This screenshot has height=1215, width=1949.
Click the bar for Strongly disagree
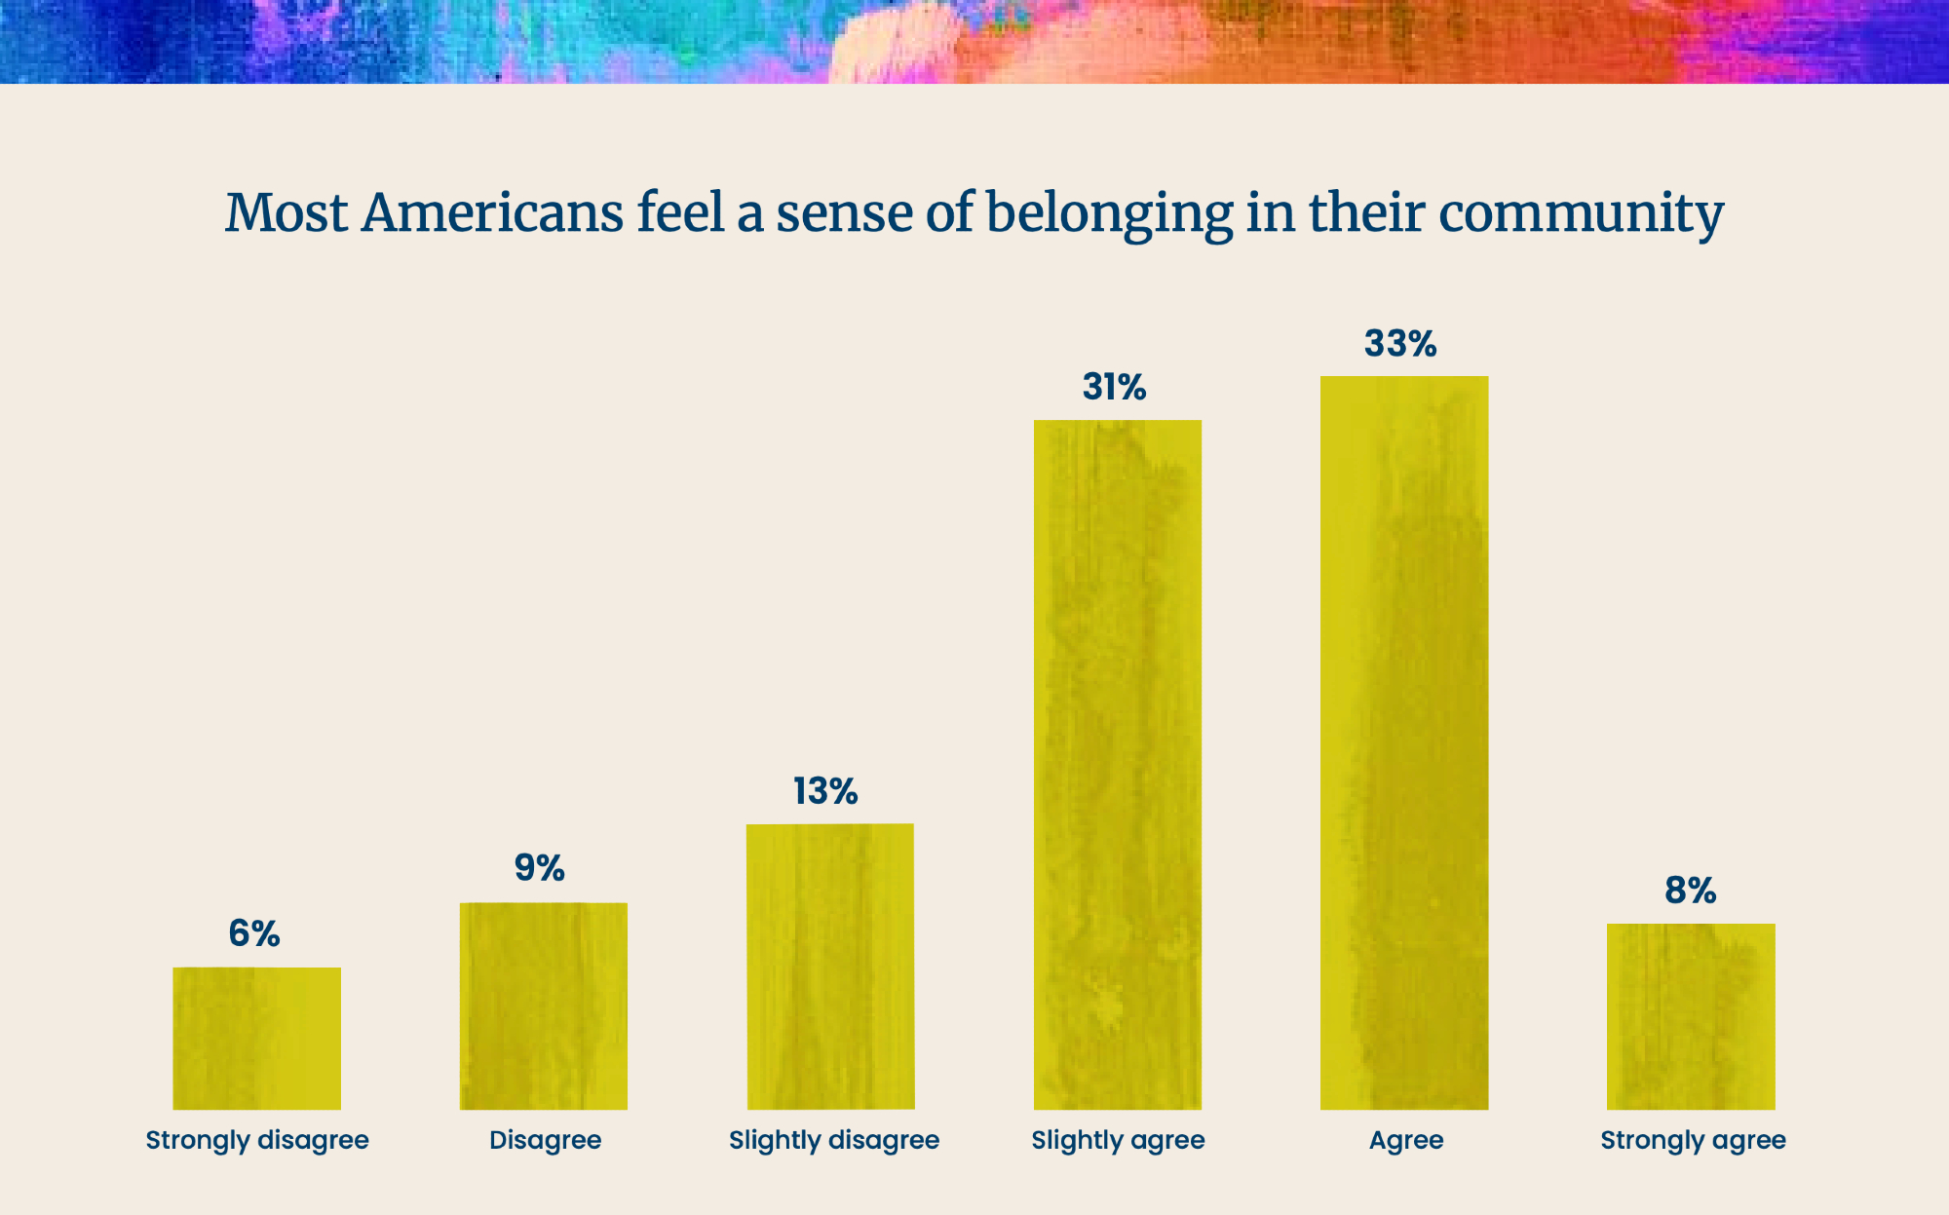click(x=257, y=1039)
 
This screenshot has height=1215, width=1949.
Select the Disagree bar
click(x=544, y=1006)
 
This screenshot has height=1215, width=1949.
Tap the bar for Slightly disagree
click(x=830, y=967)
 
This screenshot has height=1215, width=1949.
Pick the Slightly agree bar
click(x=1118, y=765)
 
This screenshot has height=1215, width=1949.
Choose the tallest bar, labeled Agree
click(x=1404, y=742)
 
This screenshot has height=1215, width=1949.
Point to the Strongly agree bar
click(x=1691, y=1016)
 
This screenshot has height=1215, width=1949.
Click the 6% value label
click(x=254, y=933)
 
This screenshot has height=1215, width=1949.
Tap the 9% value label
click(x=540, y=867)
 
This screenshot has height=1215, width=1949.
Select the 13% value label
click(x=825, y=791)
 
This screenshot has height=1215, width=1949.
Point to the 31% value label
click(x=1114, y=387)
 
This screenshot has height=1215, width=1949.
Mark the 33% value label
click(x=1400, y=343)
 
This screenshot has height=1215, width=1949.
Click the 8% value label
click(x=1690, y=890)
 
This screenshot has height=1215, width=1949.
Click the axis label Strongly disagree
click(x=257, y=1140)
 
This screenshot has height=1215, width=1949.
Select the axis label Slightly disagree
click(x=834, y=1140)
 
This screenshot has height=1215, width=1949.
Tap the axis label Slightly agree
click(x=1118, y=1140)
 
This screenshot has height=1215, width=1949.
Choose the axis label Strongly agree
click(x=1693, y=1140)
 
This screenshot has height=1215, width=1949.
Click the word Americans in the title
click(x=492, y=212)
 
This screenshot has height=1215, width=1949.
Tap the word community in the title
click(x=1581, y=214)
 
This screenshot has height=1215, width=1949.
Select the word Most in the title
click(x=287, y=212)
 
